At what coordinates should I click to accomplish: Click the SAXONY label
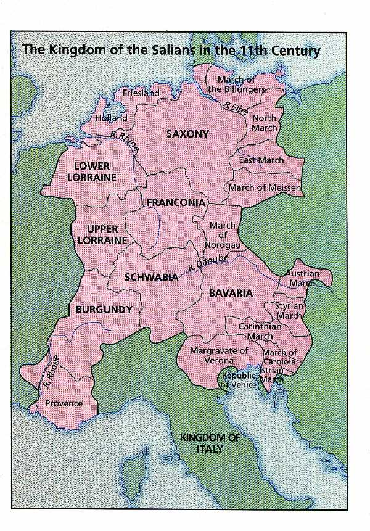pos(187,134)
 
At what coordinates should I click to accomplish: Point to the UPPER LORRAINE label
pos(102,234)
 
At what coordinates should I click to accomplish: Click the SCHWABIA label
pos(151,278)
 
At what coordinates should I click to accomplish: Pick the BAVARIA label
pos(230,293)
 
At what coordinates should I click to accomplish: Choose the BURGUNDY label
pos(104,310)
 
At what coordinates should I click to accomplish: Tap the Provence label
pos(64,403)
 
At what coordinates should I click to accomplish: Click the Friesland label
pos(141,93)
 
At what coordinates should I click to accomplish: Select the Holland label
pos(111,118)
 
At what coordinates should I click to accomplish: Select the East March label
pos(261,160)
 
